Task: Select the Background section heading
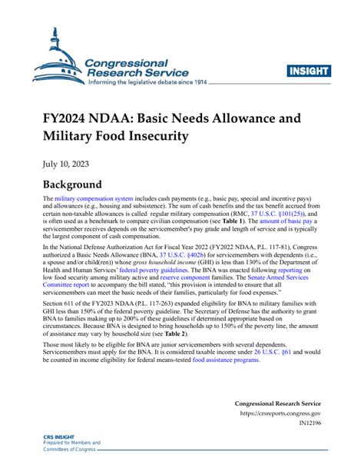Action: point(74,185)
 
